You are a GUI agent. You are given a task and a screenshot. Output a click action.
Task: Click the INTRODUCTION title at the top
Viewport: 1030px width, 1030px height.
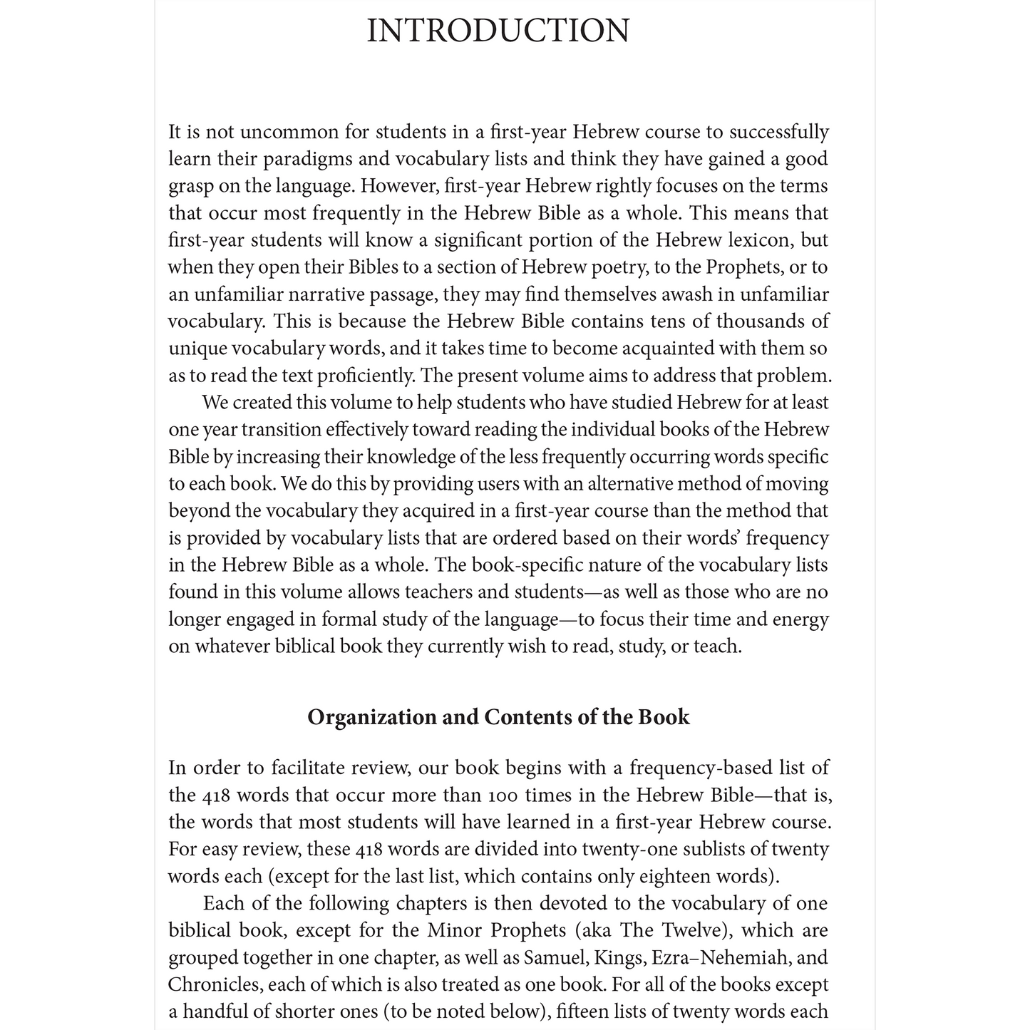[498, 31]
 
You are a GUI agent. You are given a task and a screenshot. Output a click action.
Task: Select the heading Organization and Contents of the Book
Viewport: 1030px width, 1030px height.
[498, 716]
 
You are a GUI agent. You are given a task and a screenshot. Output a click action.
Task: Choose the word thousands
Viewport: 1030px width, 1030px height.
[762, 321]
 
